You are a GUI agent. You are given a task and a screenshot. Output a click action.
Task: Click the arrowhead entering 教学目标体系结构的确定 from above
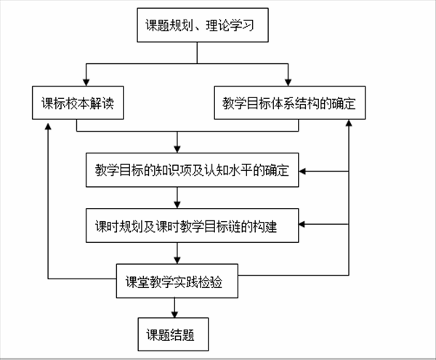(x=288, y=81)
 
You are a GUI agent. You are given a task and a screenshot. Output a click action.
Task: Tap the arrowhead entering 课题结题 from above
(x=175, y=314)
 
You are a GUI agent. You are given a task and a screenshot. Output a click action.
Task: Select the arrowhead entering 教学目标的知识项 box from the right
(x=304, y=172)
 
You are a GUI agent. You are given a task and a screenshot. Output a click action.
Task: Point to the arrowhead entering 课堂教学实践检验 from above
(x=177, y=261)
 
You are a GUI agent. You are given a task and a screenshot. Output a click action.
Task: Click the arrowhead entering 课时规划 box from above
(x=177, y=206)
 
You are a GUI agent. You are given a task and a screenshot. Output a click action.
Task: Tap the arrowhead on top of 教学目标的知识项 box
(x=177, y=149)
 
